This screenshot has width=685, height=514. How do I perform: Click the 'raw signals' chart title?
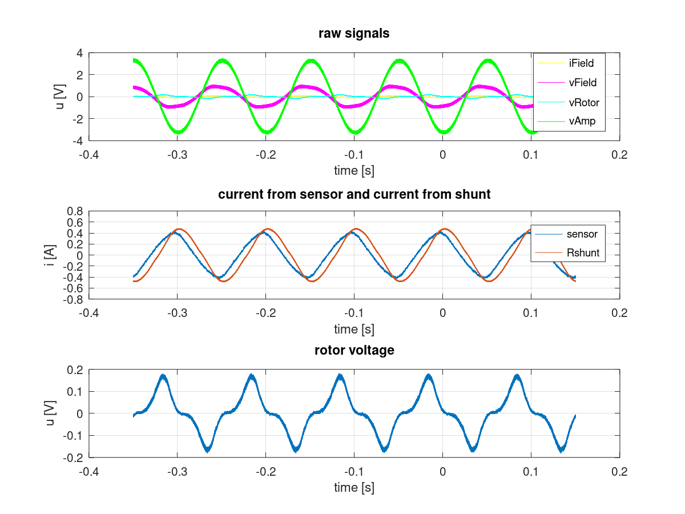(x=354, y=34)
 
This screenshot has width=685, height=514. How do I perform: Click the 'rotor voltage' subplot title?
(x=354, y=350)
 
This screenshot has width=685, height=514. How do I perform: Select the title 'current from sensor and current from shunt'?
(x=354, y=194)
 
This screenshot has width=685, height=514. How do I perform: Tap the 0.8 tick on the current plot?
(x=75, y=211)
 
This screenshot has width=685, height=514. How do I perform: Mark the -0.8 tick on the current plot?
(x=73, y=299)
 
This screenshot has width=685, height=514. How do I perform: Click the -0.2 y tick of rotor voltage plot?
(x=73, y=457)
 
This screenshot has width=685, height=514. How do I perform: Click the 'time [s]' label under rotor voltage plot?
(x=354, y=487)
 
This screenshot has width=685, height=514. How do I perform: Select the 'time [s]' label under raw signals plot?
(x=354, y=170)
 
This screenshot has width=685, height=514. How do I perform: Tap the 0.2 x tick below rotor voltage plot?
(x=619, y=472)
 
